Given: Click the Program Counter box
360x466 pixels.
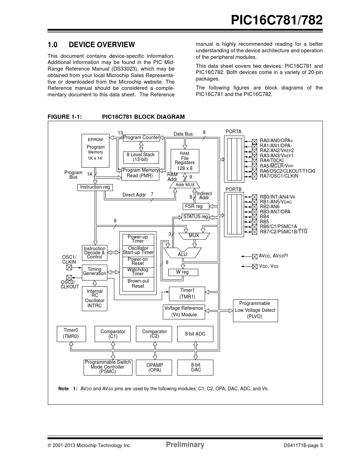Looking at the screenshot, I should coord(141,138).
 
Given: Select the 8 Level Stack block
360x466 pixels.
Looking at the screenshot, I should coord(140,157).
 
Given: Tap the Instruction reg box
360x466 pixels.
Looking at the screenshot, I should coord(95,187).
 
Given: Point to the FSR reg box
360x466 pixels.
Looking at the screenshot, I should coord(194,206).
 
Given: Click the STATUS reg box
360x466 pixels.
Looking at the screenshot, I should coord(195,217).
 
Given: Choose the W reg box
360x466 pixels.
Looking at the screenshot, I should coord(183,272).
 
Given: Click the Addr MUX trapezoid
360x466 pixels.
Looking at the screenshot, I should coord(185,185).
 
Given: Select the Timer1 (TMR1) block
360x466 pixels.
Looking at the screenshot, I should coord(187,294).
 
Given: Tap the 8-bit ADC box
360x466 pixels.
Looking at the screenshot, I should coord(195,334).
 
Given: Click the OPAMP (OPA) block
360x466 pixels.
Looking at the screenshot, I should coord(155,368).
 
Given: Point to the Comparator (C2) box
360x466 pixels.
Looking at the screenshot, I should coord(154,334).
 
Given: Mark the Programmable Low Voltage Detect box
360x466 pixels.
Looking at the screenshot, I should coord(255,310).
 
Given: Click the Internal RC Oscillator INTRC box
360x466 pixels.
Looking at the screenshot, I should coord(95,298).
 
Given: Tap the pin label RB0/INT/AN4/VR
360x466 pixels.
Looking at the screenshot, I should coord(277,197).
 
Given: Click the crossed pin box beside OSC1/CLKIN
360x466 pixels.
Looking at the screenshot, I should coord(69,267).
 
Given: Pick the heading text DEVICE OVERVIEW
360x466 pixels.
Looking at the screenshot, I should coord(102,45).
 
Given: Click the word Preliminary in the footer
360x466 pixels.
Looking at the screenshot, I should coord(185,445).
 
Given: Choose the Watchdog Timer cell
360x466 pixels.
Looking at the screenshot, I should coord(138,272).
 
